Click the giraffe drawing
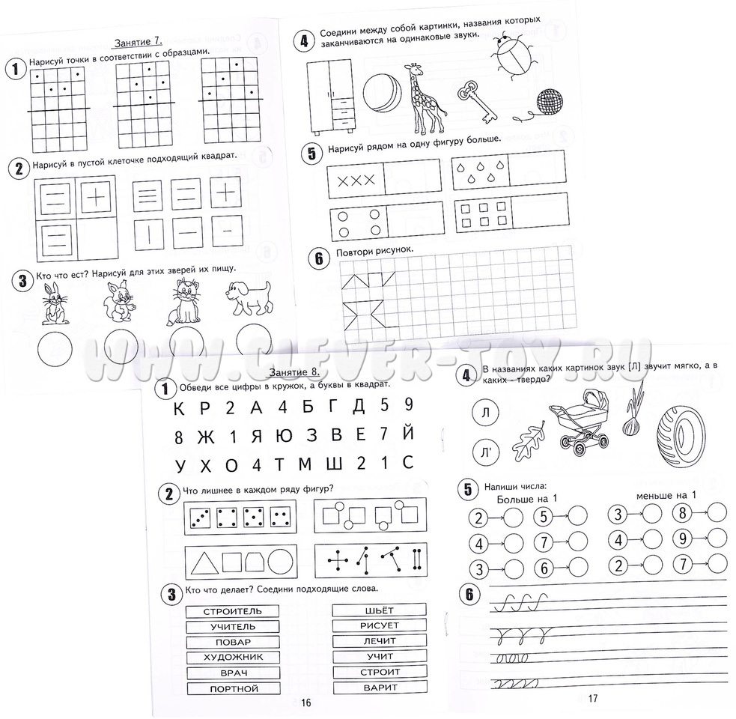[425, 99]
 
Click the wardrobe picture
[330, 97]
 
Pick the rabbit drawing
[54, 303]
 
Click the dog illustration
[249, 298]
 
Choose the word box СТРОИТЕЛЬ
[233, 611]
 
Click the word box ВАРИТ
[380, 688]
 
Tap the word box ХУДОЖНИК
[234, 657]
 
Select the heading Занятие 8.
[294, 372]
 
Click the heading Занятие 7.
[138, 42]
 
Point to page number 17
[593, 698]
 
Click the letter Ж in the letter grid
[206, 437]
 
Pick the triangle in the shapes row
[204, 562]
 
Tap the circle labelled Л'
[486, 452]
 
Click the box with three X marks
[356, 179]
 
